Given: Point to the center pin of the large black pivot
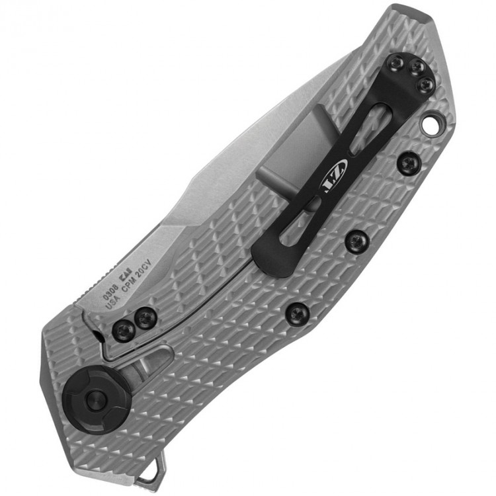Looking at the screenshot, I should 96,398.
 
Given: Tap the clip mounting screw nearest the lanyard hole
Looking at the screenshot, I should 427,85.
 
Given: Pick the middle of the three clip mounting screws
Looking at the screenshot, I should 415,67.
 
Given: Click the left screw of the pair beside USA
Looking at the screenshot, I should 124,329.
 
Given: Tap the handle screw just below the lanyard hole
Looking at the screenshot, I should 409,163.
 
